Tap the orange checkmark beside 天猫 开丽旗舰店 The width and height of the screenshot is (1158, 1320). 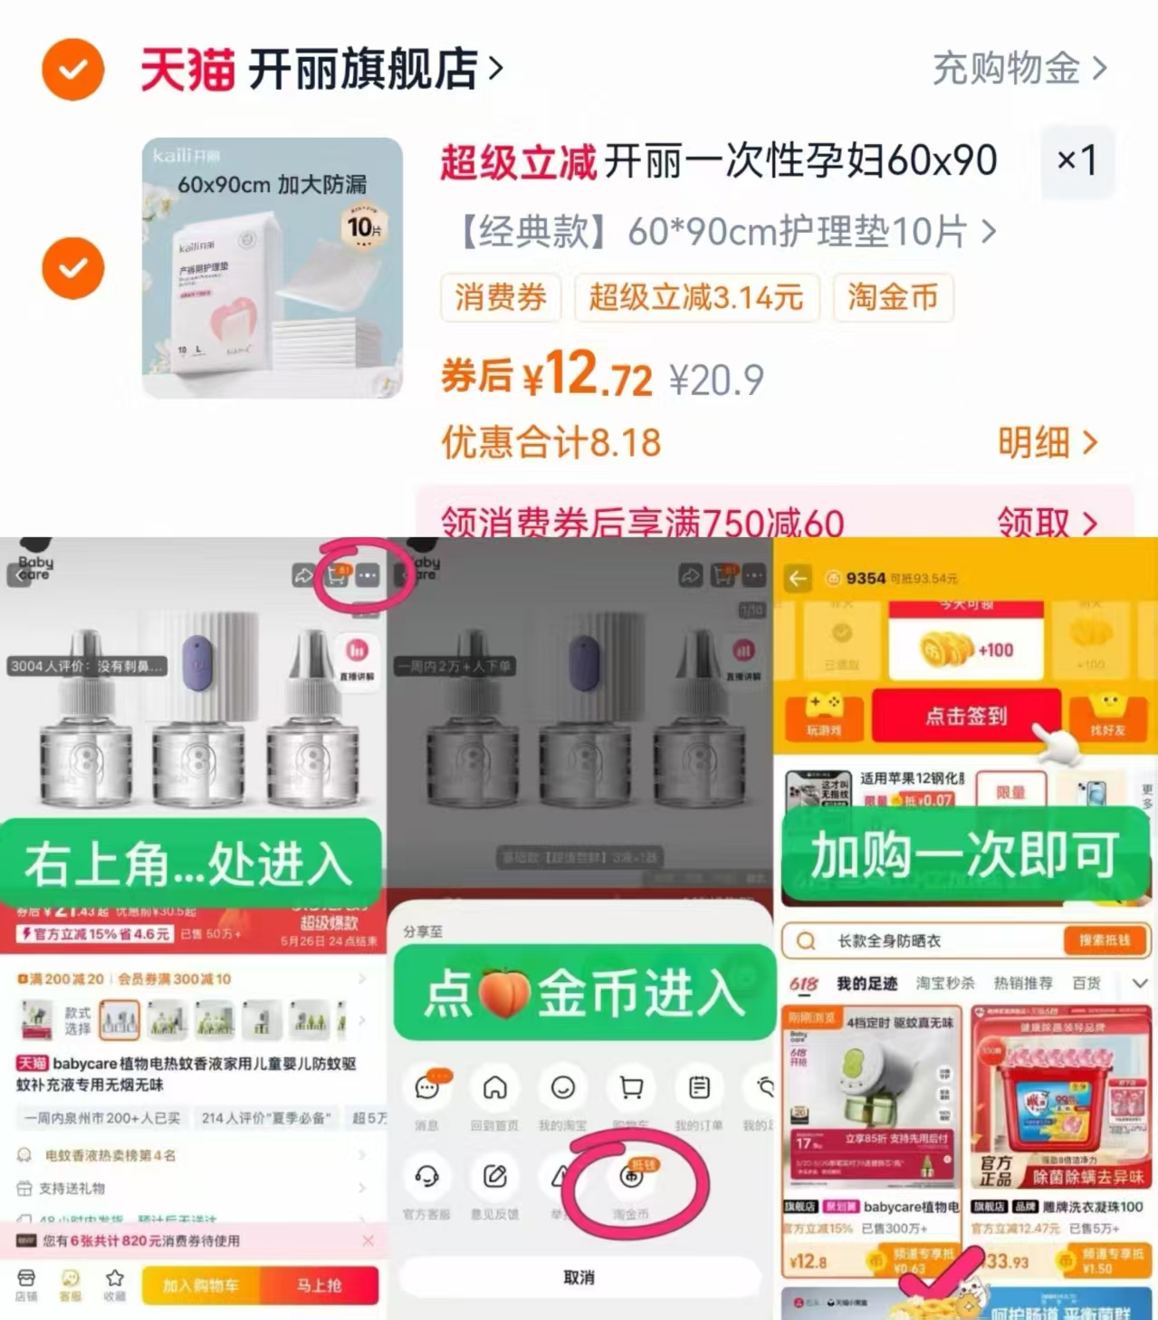(72, 70)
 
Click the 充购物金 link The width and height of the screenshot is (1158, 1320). (1019, 69)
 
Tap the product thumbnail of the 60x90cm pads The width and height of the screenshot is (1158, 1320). (272, 268)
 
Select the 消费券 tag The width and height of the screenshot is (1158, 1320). (501, 297)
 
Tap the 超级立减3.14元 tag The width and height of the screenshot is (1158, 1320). (696, 297)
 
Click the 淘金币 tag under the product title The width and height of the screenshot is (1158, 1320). (893, 297)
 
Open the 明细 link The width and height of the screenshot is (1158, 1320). (1047, 443)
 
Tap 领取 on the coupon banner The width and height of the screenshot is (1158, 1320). (1047, 521)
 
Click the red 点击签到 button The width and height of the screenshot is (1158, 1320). (965, 716)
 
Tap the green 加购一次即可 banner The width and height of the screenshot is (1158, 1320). (965, 854)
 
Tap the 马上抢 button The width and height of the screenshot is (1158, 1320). (320, 1285)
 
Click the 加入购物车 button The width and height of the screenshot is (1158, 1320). (200, 1285)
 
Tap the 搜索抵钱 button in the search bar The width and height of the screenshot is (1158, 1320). (1104, 940)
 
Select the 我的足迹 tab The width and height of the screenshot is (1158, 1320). (866, 984)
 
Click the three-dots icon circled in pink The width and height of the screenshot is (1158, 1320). (368, 575)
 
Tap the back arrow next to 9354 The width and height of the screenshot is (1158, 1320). (798, 578)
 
